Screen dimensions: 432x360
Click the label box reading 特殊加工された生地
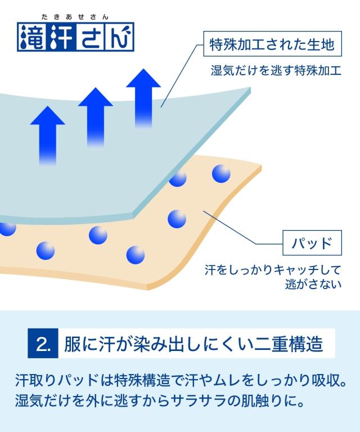(x=272, y=43)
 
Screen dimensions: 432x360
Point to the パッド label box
(x=311, y=244)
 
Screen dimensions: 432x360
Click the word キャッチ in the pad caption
(x=292, y=271)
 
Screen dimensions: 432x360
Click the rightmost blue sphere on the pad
(x=221, y=173)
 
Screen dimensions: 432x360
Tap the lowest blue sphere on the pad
(x=136, y=255)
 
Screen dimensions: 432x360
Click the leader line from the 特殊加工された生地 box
(x=180, y=75)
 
